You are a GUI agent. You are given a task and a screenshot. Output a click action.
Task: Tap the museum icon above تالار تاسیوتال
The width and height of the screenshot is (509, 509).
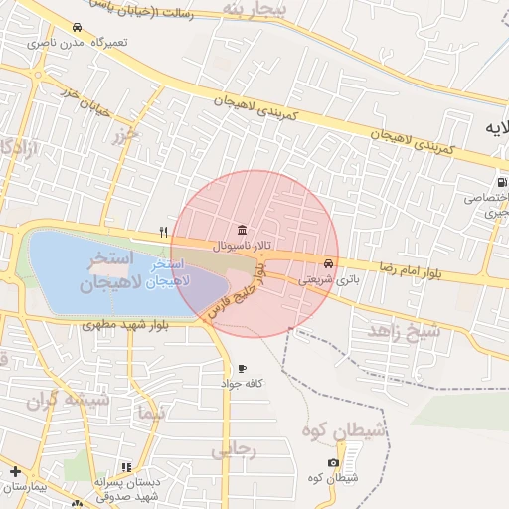[243, 230]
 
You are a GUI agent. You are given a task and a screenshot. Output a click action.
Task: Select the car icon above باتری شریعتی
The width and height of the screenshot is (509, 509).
[328, 264]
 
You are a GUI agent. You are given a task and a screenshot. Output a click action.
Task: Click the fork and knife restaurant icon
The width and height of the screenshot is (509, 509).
[163, 232]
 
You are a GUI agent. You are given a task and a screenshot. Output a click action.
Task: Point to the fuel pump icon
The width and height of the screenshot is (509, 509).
[502, 183]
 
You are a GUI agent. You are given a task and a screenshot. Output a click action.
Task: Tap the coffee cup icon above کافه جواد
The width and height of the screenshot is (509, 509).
[242, 369]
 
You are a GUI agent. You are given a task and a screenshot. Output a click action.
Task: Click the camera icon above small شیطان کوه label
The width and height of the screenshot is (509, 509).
[332, 463]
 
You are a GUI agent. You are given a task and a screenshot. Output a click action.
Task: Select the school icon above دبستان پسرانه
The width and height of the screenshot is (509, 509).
[125, 467]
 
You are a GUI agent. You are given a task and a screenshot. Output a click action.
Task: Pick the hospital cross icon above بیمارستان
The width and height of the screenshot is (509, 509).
[15, 471]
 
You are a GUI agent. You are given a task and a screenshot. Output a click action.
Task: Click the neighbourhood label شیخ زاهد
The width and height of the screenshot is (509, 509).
[404, 331]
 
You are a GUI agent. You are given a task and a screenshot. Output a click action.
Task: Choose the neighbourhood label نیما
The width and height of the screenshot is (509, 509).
[150, 412]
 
